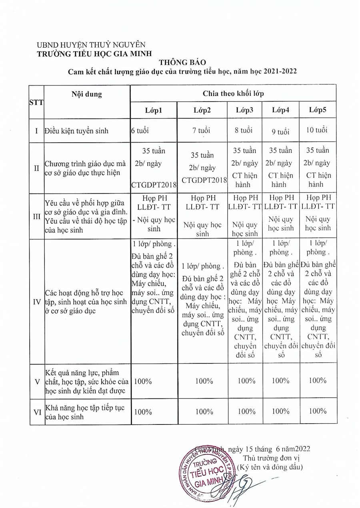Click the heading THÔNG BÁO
point(182,63)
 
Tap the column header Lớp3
point(244,110)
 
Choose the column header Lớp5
point(318,110)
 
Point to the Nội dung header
point(87,94)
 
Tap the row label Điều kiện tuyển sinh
point(76,131)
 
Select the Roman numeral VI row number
point(36,412)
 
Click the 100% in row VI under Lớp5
point(318,411)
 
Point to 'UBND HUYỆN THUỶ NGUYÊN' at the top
point(91,45)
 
